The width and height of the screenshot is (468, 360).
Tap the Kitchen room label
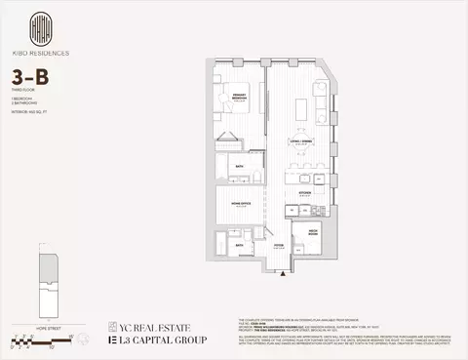click(x=305, y=193)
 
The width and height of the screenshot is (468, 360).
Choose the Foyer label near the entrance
click(x=279, y=246)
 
